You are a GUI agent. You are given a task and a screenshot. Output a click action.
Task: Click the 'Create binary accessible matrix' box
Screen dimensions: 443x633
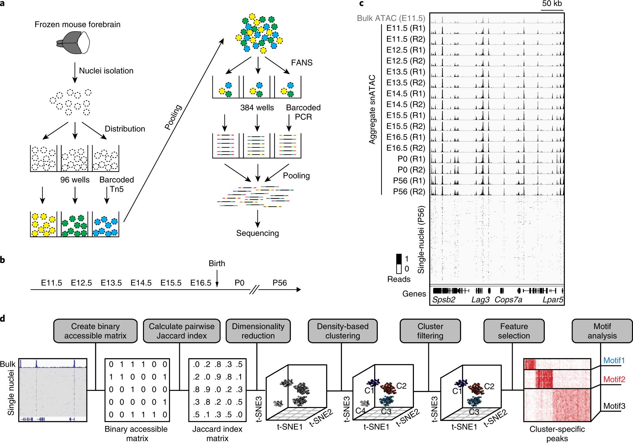pyautogui.click(x=95, y=331)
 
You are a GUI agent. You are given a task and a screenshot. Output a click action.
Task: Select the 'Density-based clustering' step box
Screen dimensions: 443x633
pyautogui.click(x=343, y=331)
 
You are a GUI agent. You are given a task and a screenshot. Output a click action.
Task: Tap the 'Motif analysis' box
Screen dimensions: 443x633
pyautogui.click(x=602, y=331)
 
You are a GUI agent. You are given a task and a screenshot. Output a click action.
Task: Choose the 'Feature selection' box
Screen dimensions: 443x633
pyautogui.click(x=514, y=331)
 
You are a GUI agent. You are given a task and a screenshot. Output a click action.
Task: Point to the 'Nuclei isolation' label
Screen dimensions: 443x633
pyautogui.click(x=106, y=71)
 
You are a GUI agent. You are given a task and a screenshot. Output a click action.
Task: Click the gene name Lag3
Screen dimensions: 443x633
pyautogui.click(x=480, y=299)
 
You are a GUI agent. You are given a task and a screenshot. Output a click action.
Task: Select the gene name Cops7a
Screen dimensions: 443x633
pyautogui.click(x=508, y=299)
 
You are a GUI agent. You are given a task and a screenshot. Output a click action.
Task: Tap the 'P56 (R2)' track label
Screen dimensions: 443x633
pyautogui.click(x=409, y=191)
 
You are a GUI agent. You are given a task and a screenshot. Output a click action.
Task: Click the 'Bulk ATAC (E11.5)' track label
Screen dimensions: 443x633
pyautogui.click(x=391, y=18)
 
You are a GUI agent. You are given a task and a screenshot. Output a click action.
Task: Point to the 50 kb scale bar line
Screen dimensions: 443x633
pyautogui.click(x=552, y=10)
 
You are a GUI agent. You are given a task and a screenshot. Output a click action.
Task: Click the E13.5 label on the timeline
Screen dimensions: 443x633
pyautogui.click(x=111, y=283)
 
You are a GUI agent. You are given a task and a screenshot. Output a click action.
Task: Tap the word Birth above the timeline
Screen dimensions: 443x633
pyautogui.click(x=217, y=264)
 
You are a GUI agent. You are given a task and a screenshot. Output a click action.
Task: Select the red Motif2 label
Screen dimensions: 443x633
pyautogui.click(x=614, y=379)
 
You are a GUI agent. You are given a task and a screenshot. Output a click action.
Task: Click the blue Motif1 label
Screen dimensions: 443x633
pyautogui.click(x=614, y=360)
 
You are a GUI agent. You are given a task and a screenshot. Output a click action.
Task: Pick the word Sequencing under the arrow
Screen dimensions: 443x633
pyautogui.click(x=257, y=233)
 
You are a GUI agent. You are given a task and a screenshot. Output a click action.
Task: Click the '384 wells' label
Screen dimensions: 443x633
pyautogui.click(x=257, y=108)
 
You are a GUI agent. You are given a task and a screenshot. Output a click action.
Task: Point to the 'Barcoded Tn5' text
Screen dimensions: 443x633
pyautogui.click(x=116, y=184)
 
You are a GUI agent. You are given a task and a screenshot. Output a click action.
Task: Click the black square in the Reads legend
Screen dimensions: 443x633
pyautogui.click(x=399, y=258)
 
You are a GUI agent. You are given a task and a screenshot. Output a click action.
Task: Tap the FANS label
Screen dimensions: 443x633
pyautogui.click(x=302, y=63)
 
